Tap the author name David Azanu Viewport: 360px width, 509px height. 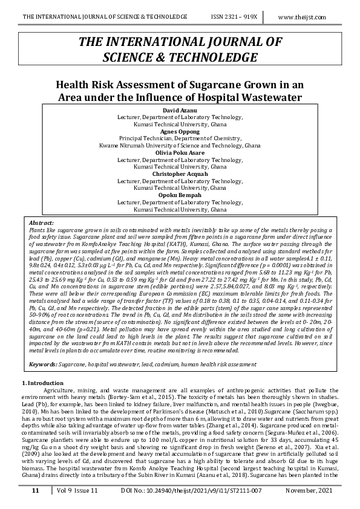click(x=180, y=110)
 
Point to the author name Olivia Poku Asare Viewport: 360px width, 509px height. click(x=180, y=153)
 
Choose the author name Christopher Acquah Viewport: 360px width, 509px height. click(x=180, y=174)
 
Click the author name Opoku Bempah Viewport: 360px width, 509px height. click(x=180, y=195)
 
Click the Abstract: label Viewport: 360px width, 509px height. click(x=41, y=223)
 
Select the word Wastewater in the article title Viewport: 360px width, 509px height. click(x=269, y=97)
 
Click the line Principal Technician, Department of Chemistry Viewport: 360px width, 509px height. click(x=180, y=138)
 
